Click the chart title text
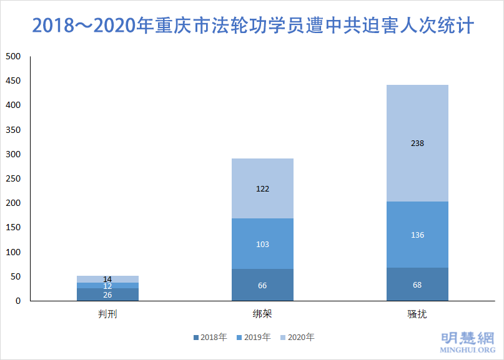252,26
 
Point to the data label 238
417,144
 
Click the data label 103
262,244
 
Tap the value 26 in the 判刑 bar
107,294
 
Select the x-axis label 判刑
107,313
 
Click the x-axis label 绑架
262,313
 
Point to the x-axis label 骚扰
417,313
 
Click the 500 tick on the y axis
13,57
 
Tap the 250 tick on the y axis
13,179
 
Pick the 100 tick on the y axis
13,252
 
